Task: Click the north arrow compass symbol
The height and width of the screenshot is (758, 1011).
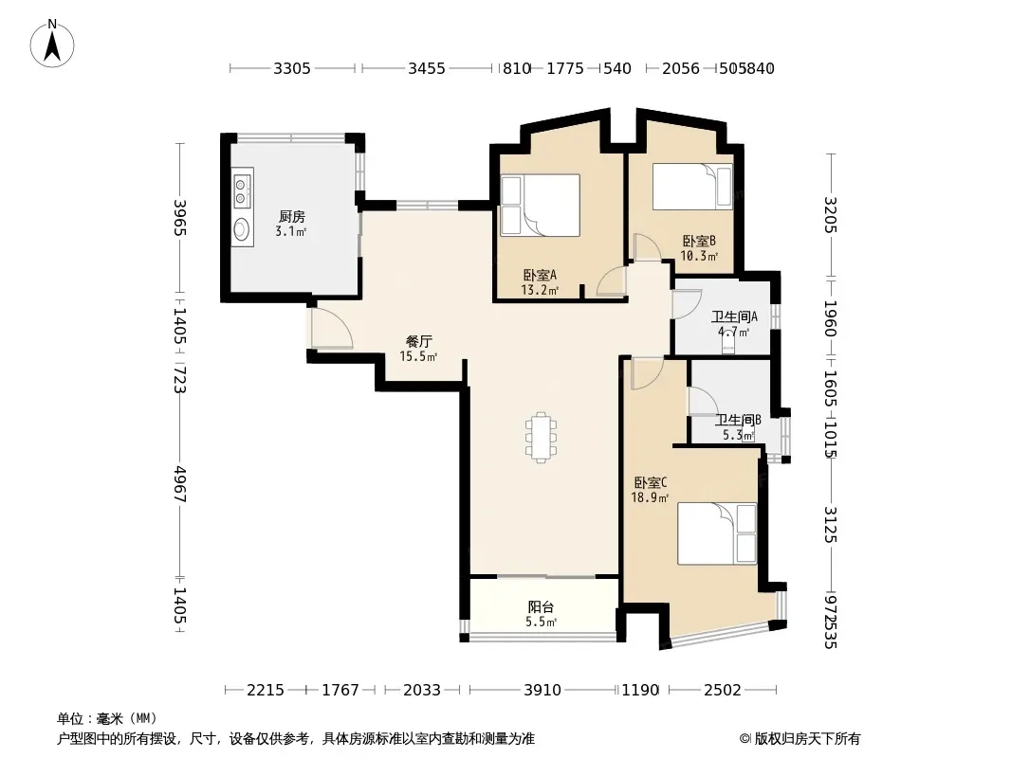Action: (x=52, y=44)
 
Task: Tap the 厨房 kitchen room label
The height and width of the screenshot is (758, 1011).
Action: (x=292, y=216)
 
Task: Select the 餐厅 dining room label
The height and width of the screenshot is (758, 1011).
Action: (x=418, y=341)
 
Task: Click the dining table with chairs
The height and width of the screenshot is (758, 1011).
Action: (x=541, y=438)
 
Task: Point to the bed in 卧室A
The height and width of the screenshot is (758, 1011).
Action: (x=541, y=205)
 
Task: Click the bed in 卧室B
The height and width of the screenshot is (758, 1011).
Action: (x=692, y=186)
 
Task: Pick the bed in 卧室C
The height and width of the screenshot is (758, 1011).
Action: (x=717, y=533)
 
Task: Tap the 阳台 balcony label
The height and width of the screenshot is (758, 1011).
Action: (x=541, y=606)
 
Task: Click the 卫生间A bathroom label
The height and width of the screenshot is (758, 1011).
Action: (x=734, y=316)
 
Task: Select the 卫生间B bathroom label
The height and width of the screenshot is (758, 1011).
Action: (x=738, y=420)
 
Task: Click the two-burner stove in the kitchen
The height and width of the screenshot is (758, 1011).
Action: (x=243, y=188)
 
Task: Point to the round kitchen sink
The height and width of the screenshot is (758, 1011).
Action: (x=242, y=229)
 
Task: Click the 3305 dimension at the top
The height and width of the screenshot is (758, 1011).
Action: (x=292, y=68)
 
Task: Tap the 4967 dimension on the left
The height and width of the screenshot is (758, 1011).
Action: (x=180, y=484)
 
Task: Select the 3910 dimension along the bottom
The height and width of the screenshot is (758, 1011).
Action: (x=542, y=691)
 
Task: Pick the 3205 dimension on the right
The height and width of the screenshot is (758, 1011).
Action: (x=831, y=215)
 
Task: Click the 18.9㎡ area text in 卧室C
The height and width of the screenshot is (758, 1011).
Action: (x=650, y=497)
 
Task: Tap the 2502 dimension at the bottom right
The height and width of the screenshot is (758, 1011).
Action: (x=722, y=691)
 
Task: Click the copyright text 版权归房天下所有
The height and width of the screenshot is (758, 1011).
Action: (x=807, y=739)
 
